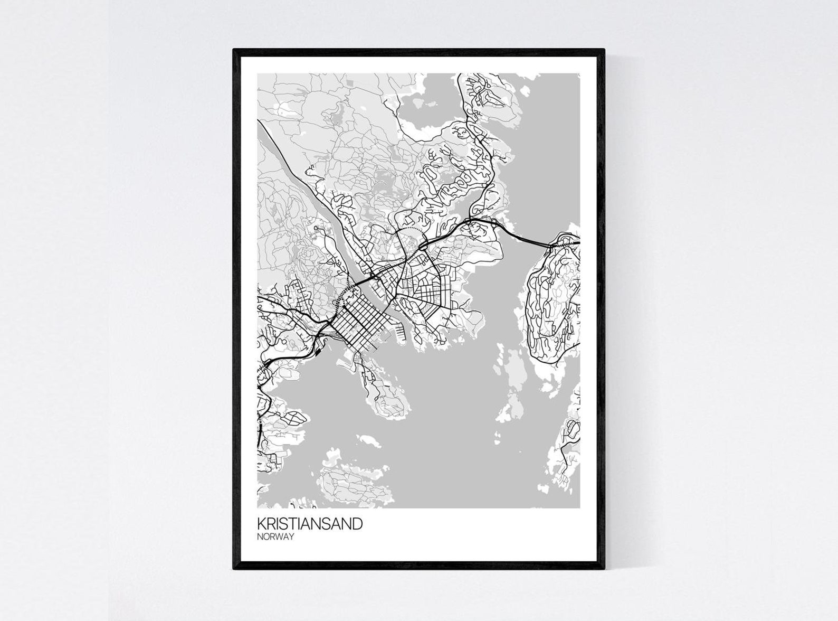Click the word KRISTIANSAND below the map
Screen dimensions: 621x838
click(x=310, y=524)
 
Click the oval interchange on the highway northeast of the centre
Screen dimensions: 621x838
click(x=423, y=246)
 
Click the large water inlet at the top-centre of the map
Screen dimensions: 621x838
click(x=433, y=106)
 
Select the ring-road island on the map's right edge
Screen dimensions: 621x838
click(x=554, y=306)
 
